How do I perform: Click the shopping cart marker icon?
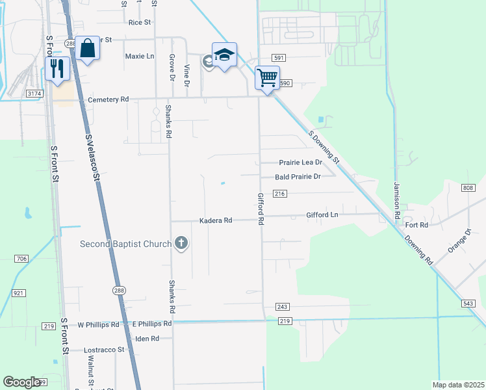(267, 78)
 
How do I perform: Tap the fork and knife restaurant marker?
(58, 68)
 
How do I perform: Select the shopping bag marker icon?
(88, 49)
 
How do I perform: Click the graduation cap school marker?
(224, 55)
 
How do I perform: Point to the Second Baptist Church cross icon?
(181, 244)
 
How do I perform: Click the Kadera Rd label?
(216, 220)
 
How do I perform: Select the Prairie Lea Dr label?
(300, 162)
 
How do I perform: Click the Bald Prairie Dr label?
(298, 176)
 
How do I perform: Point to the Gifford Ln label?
(322, 214)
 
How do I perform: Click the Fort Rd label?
(416, 225)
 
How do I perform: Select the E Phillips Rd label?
(151, 323)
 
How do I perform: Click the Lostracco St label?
(104, 350)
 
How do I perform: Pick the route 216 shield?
(280, 194)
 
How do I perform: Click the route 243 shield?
(282, 306)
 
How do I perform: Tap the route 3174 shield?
(34, 94)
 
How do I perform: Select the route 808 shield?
(468, 188)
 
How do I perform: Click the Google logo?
(21, 382)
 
